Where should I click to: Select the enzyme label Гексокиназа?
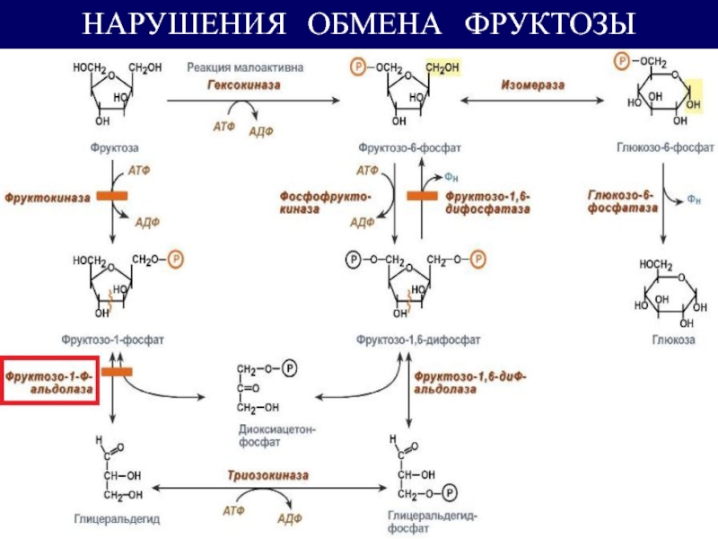(x=246, y=84)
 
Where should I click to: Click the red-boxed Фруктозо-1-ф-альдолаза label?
(x=50, y=379)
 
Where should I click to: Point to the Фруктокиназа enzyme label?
(x=48, y=196)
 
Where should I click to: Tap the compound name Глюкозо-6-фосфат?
(x=665, y=146)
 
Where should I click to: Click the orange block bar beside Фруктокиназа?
(x=112, y=196)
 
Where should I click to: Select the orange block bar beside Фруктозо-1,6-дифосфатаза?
(x=421, y=195)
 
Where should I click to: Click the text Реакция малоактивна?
(x=245, y=66)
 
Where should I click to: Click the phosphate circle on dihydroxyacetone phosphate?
(x=288, y=368)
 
